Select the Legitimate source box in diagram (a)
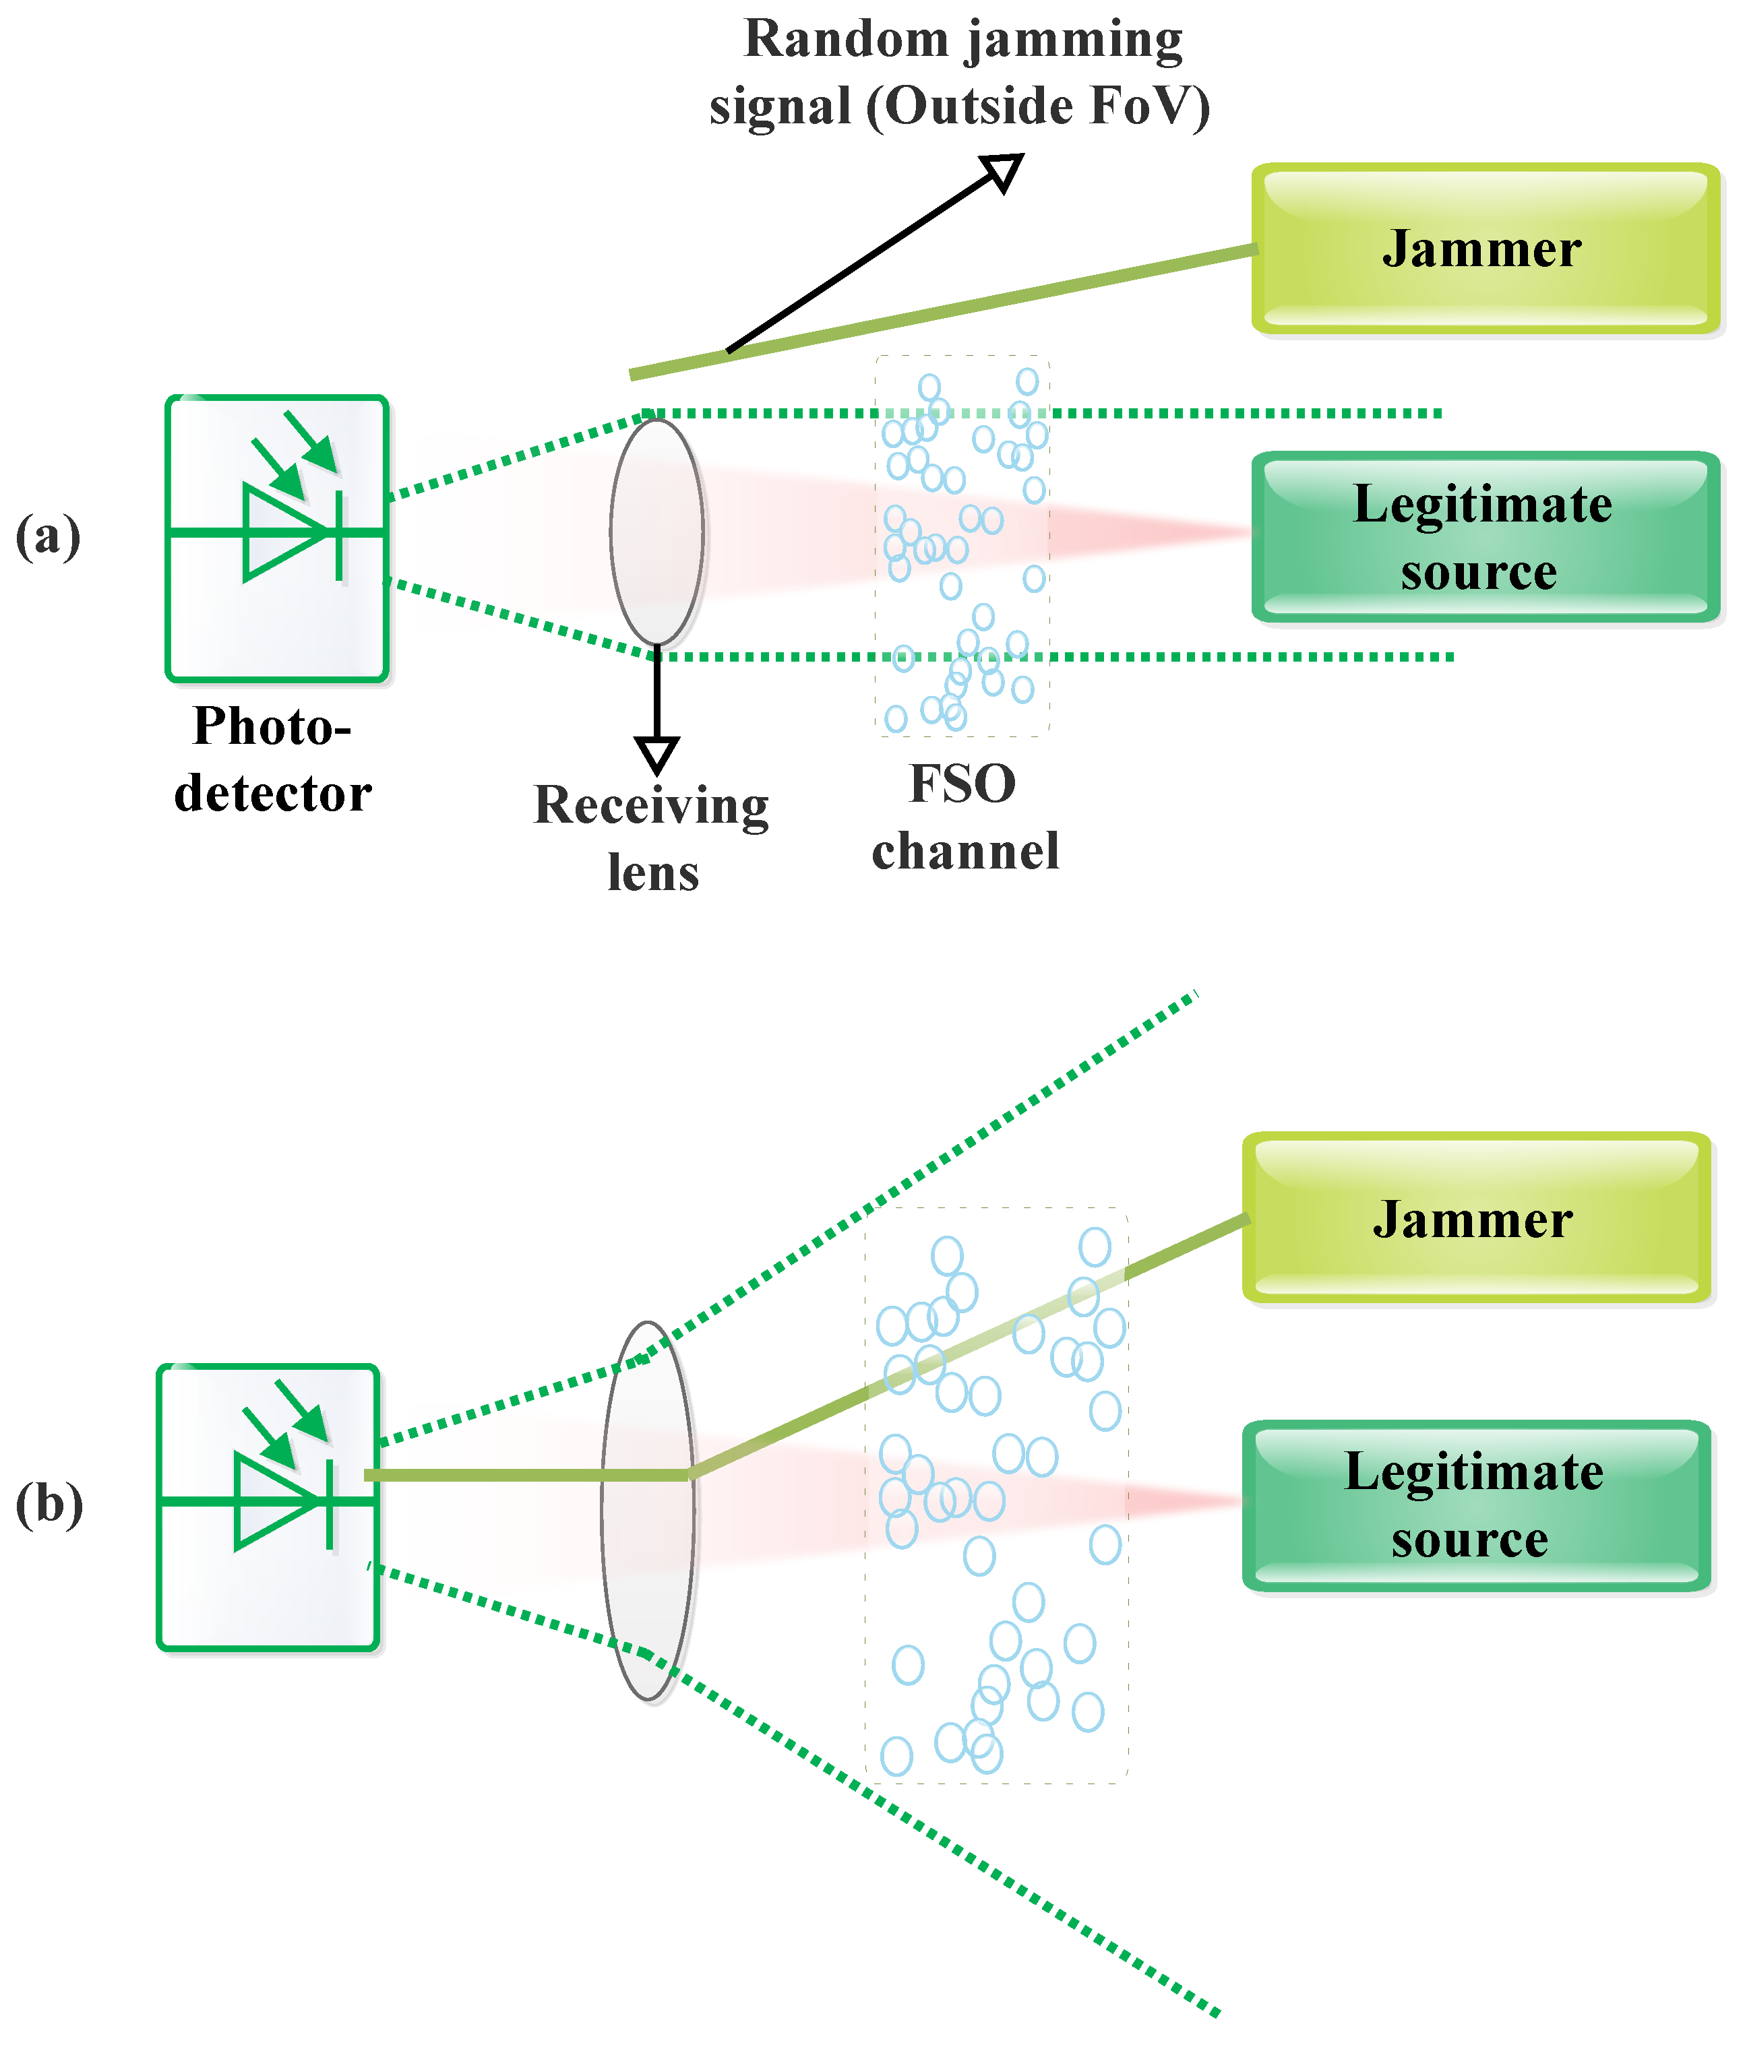[x=1486, y=537]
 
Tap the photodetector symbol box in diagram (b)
[x=268, y=1507]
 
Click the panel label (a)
[x=47, y=537]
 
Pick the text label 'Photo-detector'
[x=273, y=759]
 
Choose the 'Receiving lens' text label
[x=652, y=838]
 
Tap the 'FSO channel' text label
[x=965, y=817]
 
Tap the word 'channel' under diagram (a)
[x=965, y=850]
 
